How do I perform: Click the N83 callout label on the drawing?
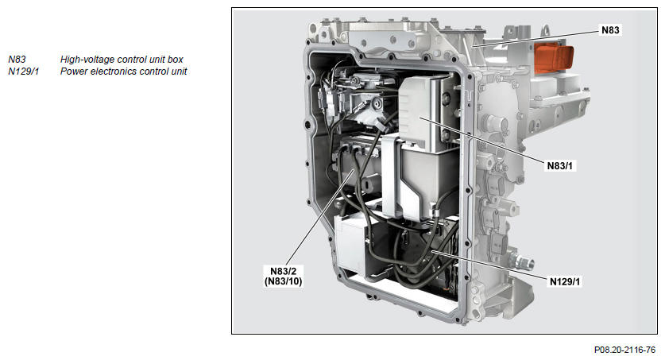pyautogui.click(x=610, y=29)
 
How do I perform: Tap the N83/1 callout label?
pyautogui.click(x=560, y=166)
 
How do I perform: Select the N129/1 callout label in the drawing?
pyautogui.click(x=565, y=281)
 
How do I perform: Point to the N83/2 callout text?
pyautogui.click(x=284, y=271)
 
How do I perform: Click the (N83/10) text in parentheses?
pyautogui.click(x=284, y=281)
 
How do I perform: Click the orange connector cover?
pyautogui.click(x=554, y=57)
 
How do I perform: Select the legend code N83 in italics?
pyautogui.click(x=17, y=60)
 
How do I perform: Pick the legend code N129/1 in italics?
pyautogui.click(x=24, y=72)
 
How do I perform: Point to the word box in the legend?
pyautogui.click(x=175, y=60)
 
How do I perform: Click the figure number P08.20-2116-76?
pyautogui.click(x=624, y=350)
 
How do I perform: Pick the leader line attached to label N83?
pyautogui.click(x=537, y=37)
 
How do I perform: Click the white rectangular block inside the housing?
pyautogui.click(x=350, y=244)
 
